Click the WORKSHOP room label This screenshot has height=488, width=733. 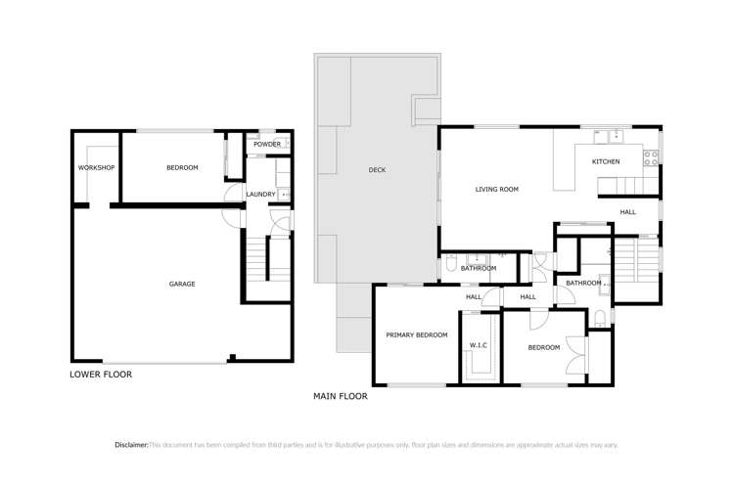97,168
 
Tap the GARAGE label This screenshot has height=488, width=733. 182,285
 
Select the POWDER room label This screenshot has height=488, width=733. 267,145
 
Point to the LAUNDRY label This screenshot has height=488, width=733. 260,195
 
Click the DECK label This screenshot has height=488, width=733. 377,170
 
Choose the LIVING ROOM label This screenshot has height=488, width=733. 496,190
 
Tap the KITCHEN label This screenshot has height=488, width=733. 606,161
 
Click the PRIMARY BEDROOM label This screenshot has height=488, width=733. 416,335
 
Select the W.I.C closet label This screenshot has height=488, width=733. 479,345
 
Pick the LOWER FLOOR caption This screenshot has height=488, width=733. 101,375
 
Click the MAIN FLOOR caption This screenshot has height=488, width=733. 341,396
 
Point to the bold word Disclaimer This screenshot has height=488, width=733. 131,445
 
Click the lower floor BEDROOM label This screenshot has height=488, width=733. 182,168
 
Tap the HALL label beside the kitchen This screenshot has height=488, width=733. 627,212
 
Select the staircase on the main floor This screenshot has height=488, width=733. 626,262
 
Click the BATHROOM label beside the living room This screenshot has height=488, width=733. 479,268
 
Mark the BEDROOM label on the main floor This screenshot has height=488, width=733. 544,348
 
